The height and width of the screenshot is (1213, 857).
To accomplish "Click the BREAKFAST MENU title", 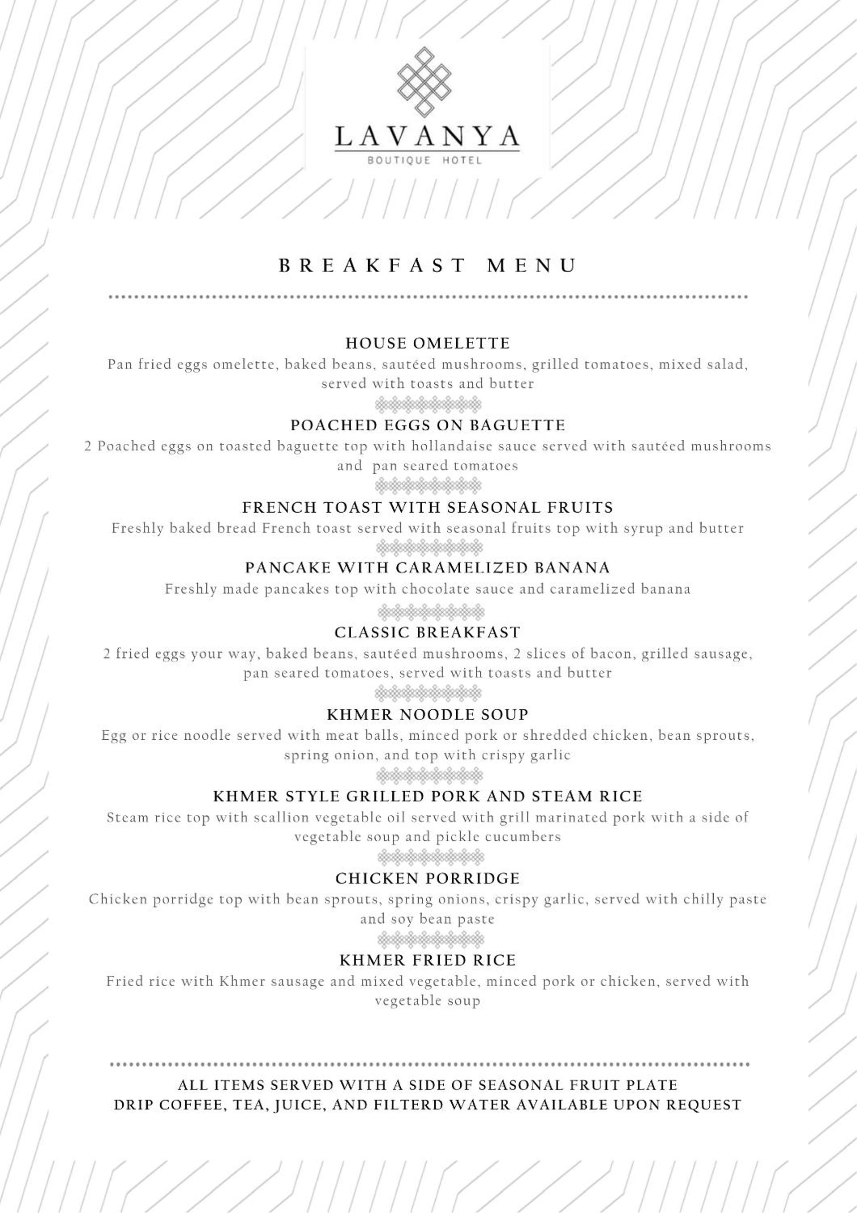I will click(x=428, y=265).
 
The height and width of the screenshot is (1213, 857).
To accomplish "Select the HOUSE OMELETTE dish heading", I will click(x=428, y=343).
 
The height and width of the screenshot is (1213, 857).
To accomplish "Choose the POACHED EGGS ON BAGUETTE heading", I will click(x=428, y=425).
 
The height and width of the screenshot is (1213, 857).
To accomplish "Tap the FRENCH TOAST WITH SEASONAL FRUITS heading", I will click(x=428, y=508).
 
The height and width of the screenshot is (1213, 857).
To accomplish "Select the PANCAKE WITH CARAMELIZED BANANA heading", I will click(x=428, y=568).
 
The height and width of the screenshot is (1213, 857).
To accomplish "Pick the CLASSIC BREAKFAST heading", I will click(x=428, y=632).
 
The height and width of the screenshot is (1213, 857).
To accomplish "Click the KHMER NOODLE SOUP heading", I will click(x=428, y=715).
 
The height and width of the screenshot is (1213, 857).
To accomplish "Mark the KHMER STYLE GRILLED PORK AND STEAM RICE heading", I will click(x=428, y=796).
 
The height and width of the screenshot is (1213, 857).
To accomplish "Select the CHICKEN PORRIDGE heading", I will click(x=428, y=879).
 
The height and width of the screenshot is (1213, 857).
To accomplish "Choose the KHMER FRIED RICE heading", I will click(x=428, y=960).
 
